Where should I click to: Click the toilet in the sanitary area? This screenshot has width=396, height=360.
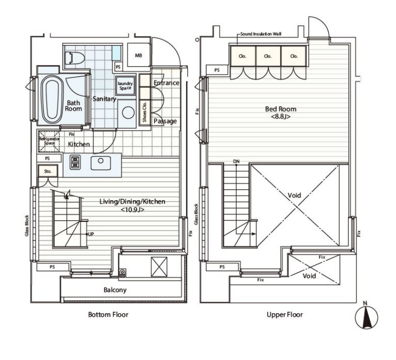(75, 59)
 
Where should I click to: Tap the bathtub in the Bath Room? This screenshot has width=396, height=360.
(52, 100)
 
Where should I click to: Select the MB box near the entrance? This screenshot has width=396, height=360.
(139, 56)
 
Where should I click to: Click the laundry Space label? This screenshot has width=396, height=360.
(125, 86)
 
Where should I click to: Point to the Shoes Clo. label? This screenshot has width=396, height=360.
(144, 112)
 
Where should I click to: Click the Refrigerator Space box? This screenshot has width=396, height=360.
(49, 141)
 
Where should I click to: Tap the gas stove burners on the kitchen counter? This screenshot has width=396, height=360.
(75, 162)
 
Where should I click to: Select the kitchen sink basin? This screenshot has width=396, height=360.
(101, 163)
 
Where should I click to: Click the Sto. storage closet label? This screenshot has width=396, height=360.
(48, 171)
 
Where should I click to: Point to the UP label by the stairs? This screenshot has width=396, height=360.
(91, 234)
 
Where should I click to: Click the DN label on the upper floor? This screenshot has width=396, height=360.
(236, 161)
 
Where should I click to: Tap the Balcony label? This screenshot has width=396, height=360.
(115, 290)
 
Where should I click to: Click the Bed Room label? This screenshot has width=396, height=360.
(281, 109)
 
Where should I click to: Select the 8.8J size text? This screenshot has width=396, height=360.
(281, 117)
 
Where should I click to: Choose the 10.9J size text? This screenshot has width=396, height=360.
(132, 210)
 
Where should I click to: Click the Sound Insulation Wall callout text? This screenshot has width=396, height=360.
(260, 34)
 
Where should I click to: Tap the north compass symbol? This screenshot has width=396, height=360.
(367, 317)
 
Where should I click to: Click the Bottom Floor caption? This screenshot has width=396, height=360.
(108, 314)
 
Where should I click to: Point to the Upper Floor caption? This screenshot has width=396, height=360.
(284, 314)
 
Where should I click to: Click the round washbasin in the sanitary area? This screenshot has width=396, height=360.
(128, 113)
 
